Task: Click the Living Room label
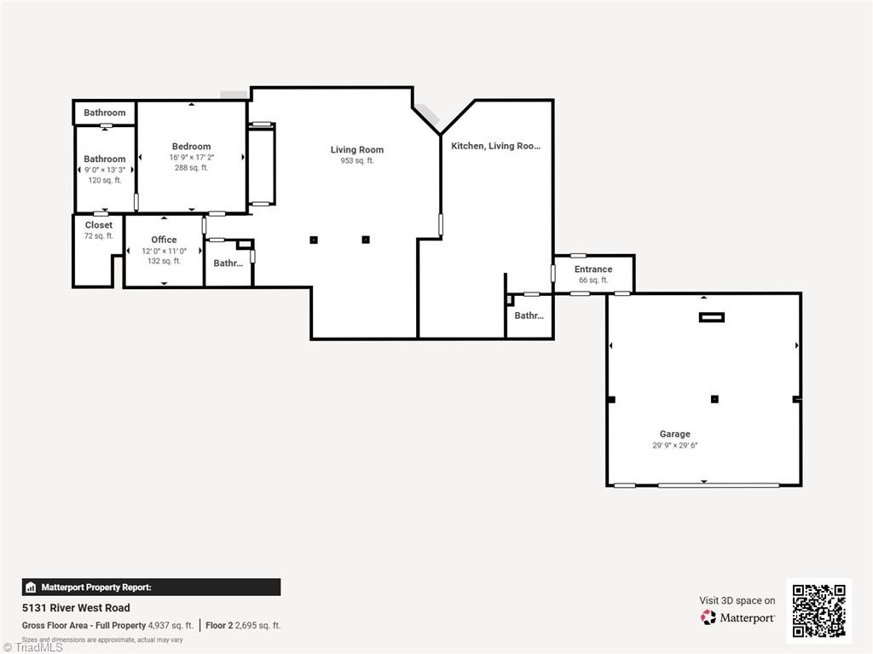[x=356, y=150]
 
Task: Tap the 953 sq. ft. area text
[x=356, y=161]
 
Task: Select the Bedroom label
[x=191, y=147]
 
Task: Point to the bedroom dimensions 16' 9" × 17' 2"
[x=191, y=158]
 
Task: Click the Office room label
[x=164, y=240]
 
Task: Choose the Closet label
[x=98, y=225]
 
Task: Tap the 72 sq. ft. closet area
[x=98, y=236]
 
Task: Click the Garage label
[x=674, y=434]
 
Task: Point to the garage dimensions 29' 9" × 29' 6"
[x=674, y=445]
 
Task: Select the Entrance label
[x=593, y=269]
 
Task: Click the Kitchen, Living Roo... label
[x=495, y=146]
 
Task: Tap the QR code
[x=818, y=611]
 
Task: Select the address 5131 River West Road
[x=76, y=608]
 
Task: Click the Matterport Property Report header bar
[x=151, y=587]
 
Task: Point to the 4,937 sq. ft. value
[x=171, y=625]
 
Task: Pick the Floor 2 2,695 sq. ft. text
[x=243, y=625]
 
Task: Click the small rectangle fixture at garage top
[x=711, y=317]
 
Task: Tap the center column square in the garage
[x=714, y=399]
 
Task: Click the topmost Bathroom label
[x=104, y=113]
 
